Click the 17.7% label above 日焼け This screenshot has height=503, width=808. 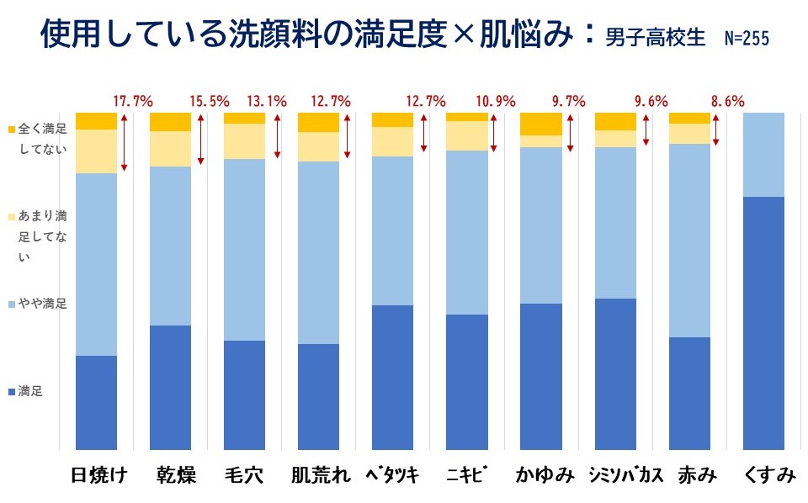point(133,102)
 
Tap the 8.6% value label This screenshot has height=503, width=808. point(727,102)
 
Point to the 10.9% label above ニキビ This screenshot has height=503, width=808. point(495,102)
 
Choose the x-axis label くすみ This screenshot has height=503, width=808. point(769,476)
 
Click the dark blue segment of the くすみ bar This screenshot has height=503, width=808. point(764,324)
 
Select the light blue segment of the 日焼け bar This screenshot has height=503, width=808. point(96,264)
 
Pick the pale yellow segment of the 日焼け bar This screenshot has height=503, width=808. point(96,151)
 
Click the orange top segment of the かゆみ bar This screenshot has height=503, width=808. point(541,124)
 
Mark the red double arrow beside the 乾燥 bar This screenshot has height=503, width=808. point(200,139)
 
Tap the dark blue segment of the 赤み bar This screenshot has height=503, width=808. point(689,394)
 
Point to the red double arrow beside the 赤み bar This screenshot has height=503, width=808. point(716,129)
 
